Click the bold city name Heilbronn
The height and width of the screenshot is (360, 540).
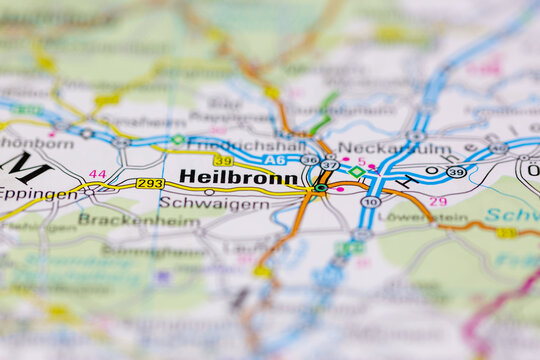click(x=238, y=176)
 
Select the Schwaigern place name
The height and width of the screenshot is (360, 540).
click(x=214, y=203)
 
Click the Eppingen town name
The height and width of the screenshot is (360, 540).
click(x=38, y=194)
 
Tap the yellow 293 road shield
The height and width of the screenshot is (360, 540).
click(x=150, y=183)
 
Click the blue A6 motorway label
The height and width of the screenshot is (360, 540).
click(x=275, y=159)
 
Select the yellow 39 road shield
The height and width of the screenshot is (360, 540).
click(x=222, y=160)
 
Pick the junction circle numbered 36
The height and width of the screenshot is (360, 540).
click(x=309, y=160)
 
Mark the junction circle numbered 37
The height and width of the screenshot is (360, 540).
click(x=329, y=165)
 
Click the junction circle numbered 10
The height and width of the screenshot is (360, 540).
click(x=370, y=201)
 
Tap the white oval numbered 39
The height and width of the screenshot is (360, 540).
click(x=456, y=172)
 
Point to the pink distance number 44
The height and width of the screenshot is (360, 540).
click(x=97, y=174)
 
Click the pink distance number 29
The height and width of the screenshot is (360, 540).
click(x=438, y=202)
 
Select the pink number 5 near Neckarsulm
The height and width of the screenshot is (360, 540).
click(x=361, y=161)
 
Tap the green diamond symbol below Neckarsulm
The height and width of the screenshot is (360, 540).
click(x=356, y=172)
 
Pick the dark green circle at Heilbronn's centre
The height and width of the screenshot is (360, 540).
click(x=320, y=187)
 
